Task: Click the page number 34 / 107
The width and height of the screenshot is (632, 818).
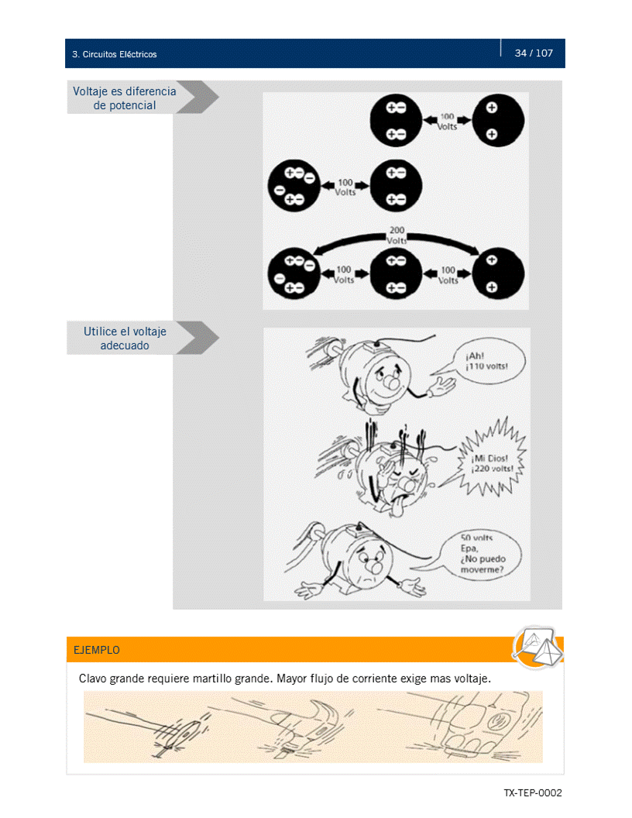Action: [x=534, y=53]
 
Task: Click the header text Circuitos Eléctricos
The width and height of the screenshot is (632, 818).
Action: [x=118, y=55]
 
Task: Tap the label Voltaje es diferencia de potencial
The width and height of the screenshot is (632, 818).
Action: [x=124, y=98]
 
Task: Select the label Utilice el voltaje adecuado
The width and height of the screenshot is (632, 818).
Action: [x=125, y=339]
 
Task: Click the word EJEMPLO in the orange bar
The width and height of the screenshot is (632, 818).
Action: [x=97, y=650]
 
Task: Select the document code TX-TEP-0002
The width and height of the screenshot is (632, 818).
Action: [x=532, y=793]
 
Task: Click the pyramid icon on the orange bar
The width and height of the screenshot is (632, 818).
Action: [x=535, y=647]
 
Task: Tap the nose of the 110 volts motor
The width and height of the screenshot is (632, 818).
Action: [x=391, y=382]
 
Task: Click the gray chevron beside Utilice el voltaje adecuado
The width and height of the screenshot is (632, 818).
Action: [x=197, y=339]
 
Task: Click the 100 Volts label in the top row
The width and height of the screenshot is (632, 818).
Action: [x=448, y=122]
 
